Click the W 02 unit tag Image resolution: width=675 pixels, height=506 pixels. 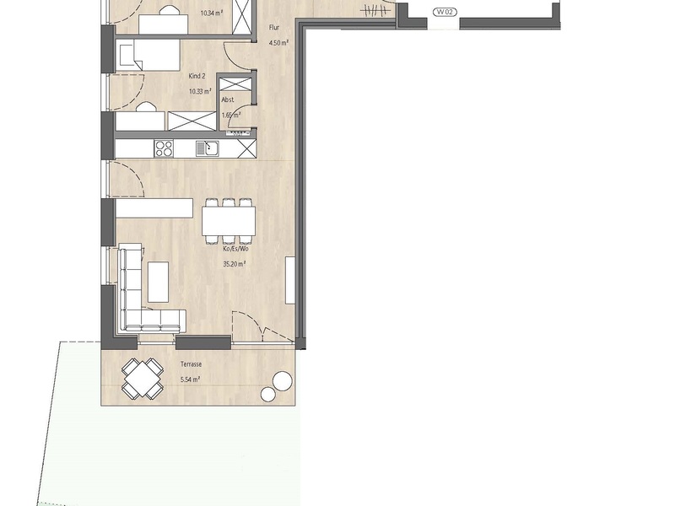click(x=445, y=12)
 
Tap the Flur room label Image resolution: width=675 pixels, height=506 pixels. click(x=274, y=28)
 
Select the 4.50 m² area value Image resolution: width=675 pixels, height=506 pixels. click(x=278, y=43)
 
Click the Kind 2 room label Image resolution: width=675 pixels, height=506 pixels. click(x=197, y=76)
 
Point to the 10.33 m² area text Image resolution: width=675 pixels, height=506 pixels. click(x=200, y=91)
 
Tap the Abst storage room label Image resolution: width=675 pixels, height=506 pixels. click(x=228, y=100)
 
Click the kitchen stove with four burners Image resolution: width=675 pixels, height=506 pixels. click(x=164, y=148)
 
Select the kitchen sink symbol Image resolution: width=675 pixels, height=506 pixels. click(x=208, y=148)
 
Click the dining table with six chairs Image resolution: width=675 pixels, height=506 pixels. click(x=229, y=221)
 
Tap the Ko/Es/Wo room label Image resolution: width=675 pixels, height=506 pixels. click(x=235, y=249)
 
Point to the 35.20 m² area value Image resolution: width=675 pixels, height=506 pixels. click(x=235, y=264)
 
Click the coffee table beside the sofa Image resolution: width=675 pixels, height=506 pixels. click(x=159, y=282)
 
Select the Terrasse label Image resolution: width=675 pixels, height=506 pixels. click(x=192, y=364)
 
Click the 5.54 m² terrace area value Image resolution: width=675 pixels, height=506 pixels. click(x=191, y=379)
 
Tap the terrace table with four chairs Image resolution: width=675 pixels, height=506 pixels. click(x=143, y=378)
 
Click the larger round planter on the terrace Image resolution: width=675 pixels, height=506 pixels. click(x=283, y=381)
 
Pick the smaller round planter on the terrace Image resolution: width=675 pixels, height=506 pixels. click(x=268, y=394)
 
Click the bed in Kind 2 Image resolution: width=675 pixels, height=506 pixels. click(x=148, y=55)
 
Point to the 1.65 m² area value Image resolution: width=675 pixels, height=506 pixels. click(x=231, y=116)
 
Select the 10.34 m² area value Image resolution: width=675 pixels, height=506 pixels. click(x=212, y=13)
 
